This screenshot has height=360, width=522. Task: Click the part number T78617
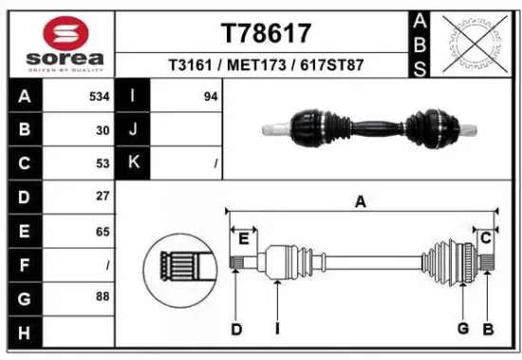click(266, 33)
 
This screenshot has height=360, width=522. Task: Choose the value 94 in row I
click(211, 96)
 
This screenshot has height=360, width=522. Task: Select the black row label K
click(133, 162)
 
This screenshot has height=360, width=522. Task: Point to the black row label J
click(133, 129)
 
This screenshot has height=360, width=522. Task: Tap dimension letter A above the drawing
click(361, 201)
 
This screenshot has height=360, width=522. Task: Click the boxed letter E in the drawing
click(244, 237)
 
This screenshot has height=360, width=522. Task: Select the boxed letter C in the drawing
click(485, 237)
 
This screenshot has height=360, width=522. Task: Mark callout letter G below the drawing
click(462, 329)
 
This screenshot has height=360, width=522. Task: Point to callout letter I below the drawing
click(277, 329)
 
